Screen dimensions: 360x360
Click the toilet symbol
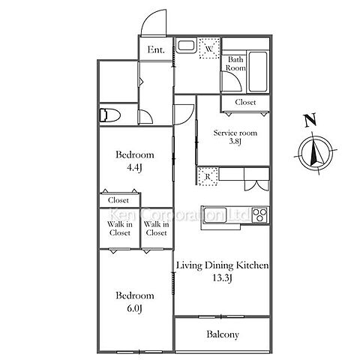pos(109,115)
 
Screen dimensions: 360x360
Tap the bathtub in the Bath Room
pos(258,71)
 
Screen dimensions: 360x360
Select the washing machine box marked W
pos(209,48)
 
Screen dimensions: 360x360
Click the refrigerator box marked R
pos(208,177)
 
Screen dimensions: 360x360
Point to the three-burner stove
pos(260,214)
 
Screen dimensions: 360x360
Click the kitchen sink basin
pos(215,214)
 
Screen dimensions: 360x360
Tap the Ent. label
pos(156,49)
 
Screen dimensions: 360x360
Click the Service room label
pos(235,133)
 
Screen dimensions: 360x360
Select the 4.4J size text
pos(134,167)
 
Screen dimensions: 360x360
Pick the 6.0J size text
pos(134,308)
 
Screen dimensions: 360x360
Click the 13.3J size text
pos(222,277)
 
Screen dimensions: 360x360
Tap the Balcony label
pos(223,334)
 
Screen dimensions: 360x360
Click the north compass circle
pos(316,152)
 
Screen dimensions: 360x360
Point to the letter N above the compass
pos(310,120)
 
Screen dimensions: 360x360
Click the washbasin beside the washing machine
pos(185,45)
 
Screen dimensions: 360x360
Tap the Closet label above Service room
pos(245,102)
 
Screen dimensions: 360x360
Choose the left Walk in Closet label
pos(120,229)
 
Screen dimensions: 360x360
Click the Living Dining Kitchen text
pos(223,265)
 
